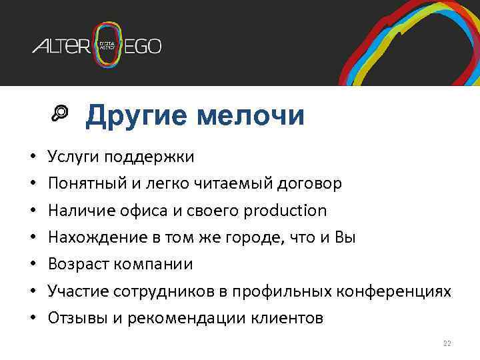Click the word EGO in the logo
(143, 47)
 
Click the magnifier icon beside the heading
(60, 115)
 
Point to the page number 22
(447, 343)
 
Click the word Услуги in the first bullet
(73, 157)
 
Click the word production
(285, 211)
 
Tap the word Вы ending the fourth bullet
(347, 238)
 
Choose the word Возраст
(79, 265)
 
